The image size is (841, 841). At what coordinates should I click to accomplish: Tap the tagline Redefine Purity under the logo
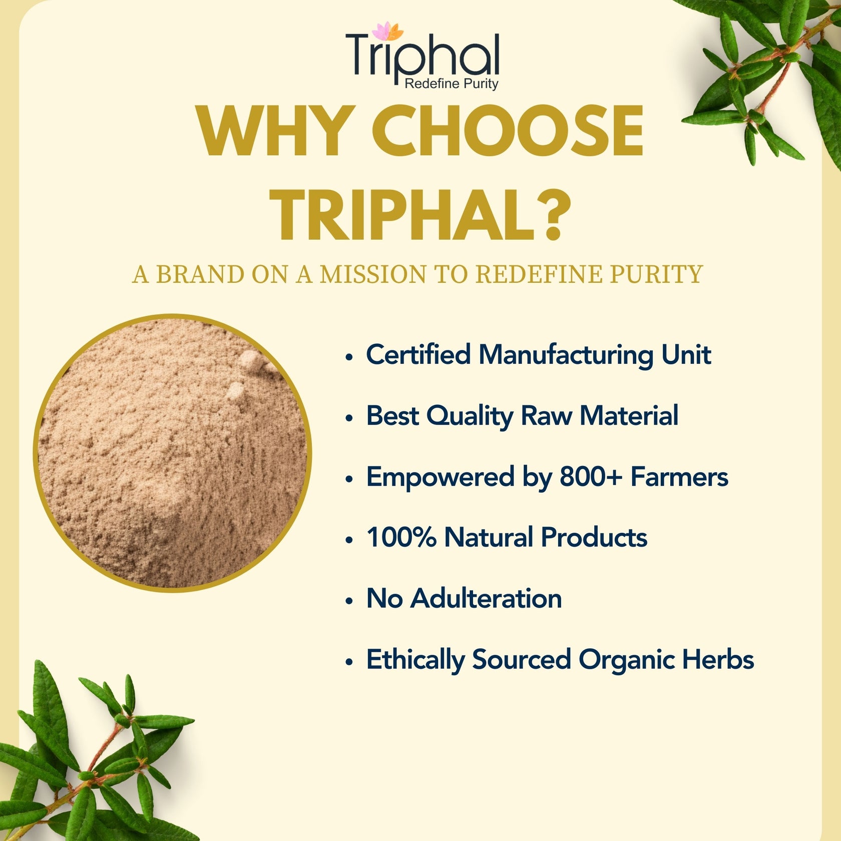pos(451,84)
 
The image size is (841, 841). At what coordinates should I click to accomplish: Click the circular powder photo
pos(173,453)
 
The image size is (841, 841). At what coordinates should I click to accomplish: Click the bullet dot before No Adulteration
pos(349,601)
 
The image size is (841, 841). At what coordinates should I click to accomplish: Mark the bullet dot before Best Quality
pos(349,418)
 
